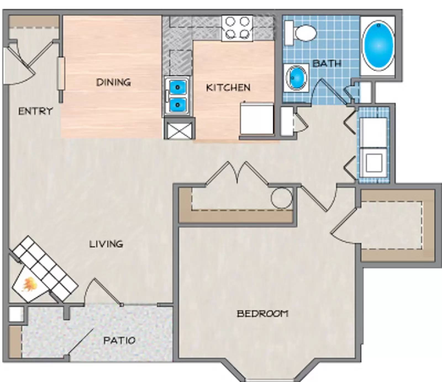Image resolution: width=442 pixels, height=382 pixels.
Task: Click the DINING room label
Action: (113, 82)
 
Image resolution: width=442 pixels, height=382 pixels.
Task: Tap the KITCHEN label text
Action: (228, 88)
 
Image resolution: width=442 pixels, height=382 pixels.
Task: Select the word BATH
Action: (327, 63)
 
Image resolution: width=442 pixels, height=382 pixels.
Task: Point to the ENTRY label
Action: (35, 111)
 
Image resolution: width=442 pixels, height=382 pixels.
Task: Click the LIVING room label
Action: (106, 244)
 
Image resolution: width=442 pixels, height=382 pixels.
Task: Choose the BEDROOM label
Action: (262, 314)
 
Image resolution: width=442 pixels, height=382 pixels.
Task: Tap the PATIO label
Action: (119, 340)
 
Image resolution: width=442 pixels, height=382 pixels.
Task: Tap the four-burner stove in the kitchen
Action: (237, 28)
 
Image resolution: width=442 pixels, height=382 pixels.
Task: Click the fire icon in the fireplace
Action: (29, 285)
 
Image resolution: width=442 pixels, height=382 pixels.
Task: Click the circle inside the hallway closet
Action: (281, 198)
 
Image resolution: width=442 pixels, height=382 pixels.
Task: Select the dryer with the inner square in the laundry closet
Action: (373, 163)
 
